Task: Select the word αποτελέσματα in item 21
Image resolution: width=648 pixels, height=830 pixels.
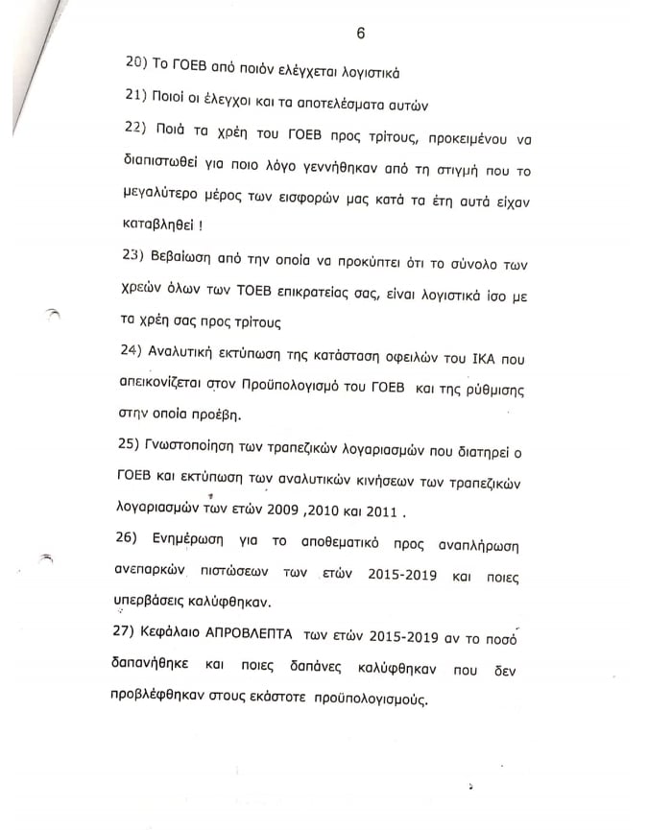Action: point(330,104)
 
